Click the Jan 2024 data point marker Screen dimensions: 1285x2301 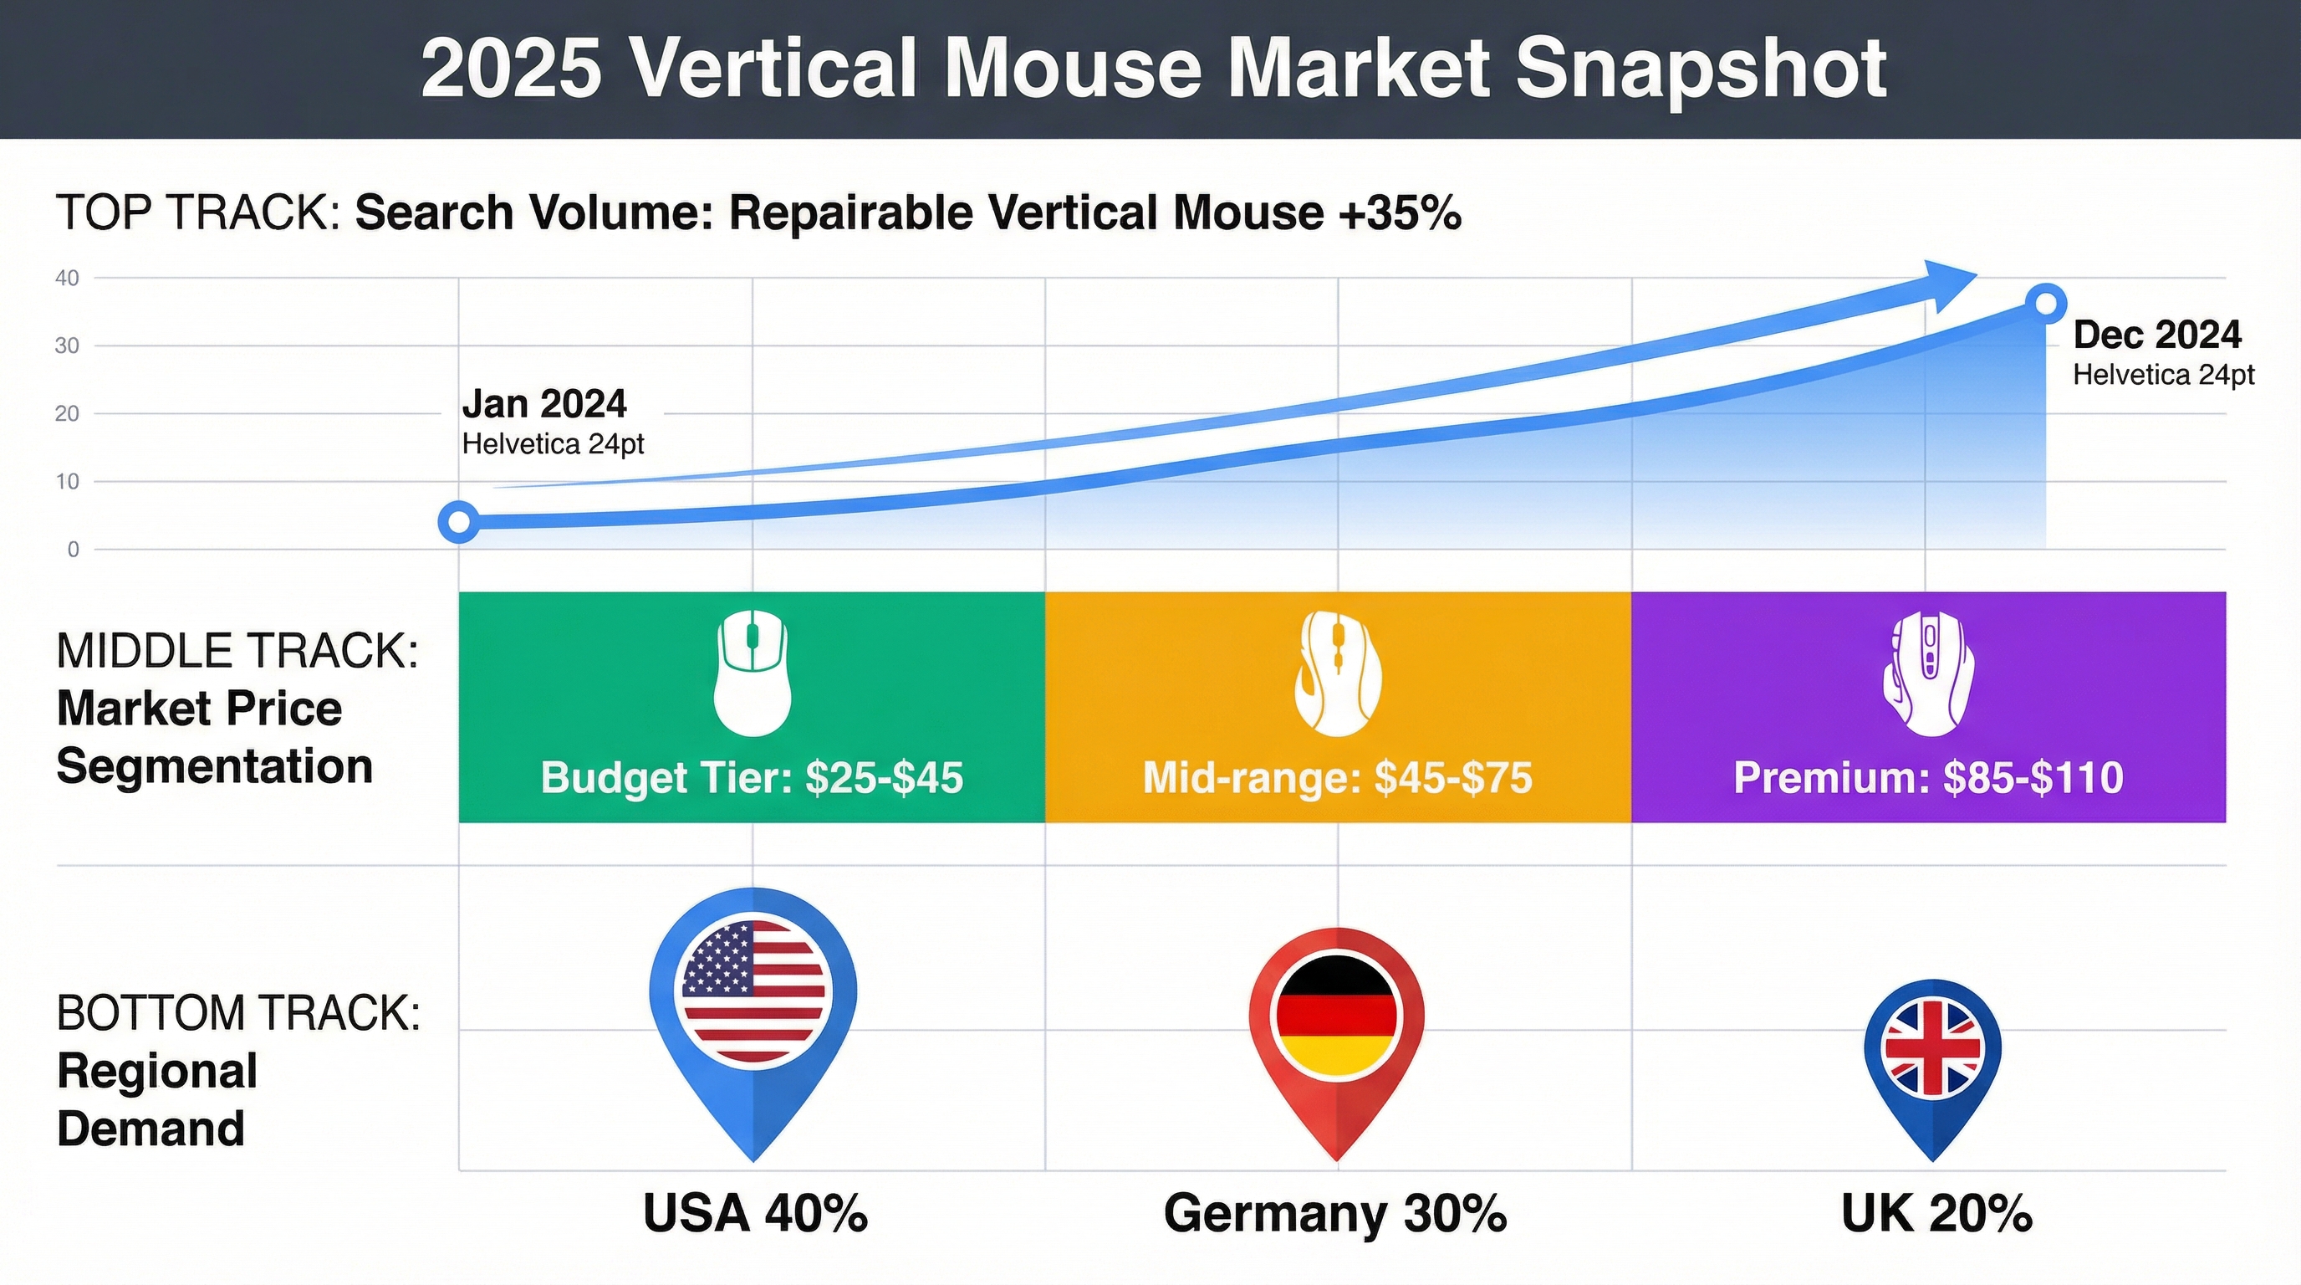[459, 522]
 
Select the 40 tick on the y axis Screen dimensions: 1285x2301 [67, 278]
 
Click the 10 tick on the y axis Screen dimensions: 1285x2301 [67, 482]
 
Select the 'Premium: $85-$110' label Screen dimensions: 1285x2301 [1927, 777]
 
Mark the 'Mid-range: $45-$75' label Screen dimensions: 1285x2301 [1337, 777]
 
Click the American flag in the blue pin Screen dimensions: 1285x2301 [753, 992]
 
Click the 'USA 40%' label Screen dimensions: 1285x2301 [755, 1214]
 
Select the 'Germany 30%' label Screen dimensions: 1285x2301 [1335, 1214]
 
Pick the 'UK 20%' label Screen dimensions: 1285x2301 [1936, 1214]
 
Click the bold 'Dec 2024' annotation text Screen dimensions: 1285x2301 [2156, 335]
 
